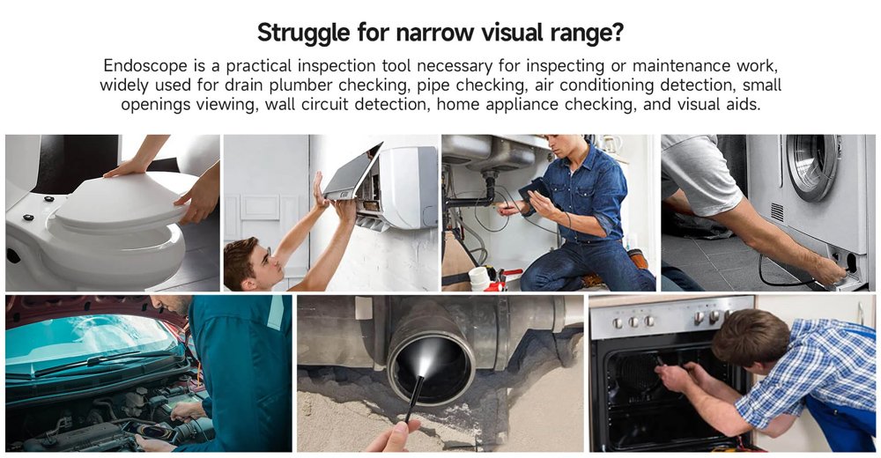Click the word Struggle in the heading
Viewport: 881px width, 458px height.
point(304,33)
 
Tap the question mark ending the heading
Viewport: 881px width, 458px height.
point(617,32)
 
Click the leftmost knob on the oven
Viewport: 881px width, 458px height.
point(618,323)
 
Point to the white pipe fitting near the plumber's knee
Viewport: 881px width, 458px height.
point(478,278)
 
